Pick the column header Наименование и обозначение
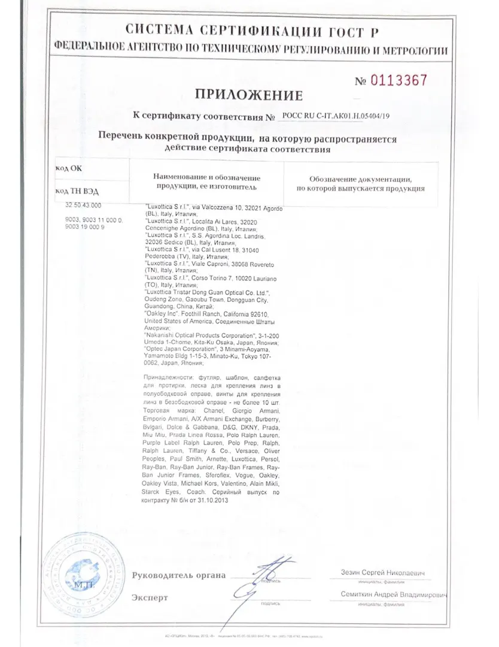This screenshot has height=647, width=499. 207,177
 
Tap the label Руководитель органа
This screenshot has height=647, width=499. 179,575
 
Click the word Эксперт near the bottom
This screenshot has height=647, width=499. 150,597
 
